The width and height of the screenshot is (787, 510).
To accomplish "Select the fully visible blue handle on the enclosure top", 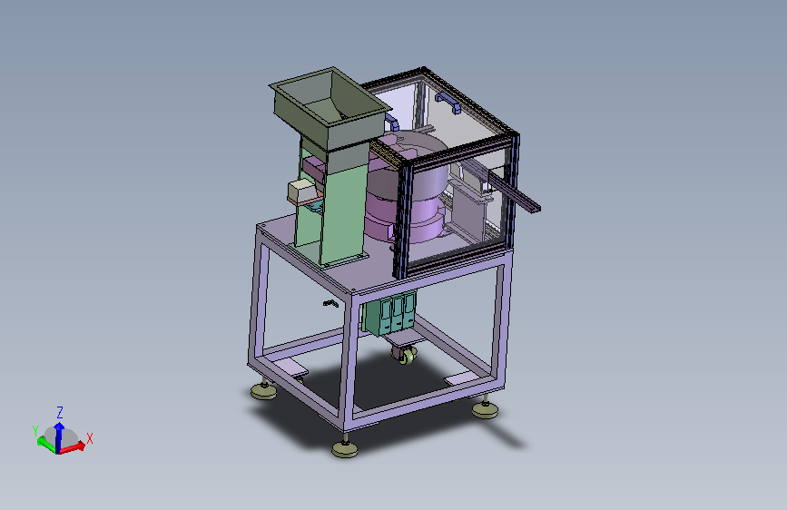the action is point(448,102).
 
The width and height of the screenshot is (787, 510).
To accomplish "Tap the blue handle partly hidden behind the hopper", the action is point(392,123).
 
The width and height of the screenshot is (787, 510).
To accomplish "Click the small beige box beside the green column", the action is point(301,191).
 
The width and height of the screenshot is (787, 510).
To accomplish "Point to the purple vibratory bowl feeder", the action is point(407,191).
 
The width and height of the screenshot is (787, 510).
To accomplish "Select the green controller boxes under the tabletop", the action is point(390,314).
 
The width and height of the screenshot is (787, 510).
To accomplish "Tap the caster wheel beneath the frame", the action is point(405,355).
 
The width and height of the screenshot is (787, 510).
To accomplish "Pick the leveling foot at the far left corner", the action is point(264,389).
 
